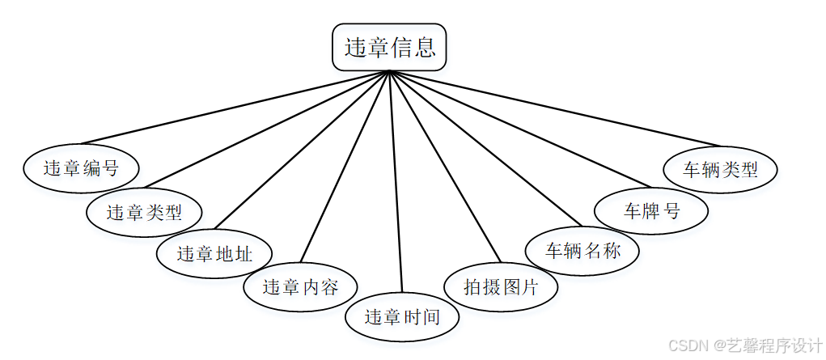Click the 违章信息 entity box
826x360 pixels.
tap(389, 47)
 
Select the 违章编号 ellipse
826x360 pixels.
tap(80, 168)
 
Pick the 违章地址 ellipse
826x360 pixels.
tap(214, 253)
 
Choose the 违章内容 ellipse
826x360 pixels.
tap(300, 286)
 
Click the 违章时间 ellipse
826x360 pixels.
tap(402, 316)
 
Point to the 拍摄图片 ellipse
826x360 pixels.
tap(501, 286)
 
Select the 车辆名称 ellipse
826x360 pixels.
tap(582, 250)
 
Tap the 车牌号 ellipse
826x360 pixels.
tap(651, 211)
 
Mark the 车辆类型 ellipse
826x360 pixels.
tap(720, 170)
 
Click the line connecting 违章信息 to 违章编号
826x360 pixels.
tap(235, 108)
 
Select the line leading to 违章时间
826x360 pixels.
tap(396, 182)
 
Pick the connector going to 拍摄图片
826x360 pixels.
tap(445, 167)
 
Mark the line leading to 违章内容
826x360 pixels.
tap(345, 167)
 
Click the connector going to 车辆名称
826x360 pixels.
tap(485, 148)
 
